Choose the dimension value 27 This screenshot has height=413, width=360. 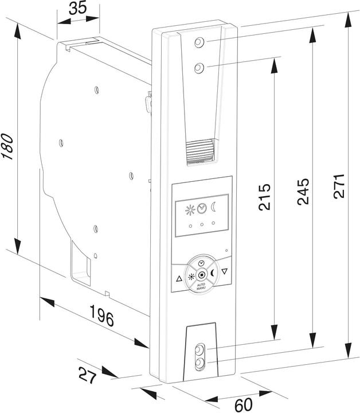pyautogui.click(x=87, y=376)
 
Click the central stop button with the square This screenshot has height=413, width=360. pyautogui.click(x=201, y=274)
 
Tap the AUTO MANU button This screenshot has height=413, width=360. pyautogui.click(x=201, y=285)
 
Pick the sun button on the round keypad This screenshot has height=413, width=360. pyautogui.click(x=191, y=275)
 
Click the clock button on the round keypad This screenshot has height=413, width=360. pyautogui.click(x=201, y=263)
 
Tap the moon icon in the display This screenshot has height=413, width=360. pyautogui.click(x=213, y=207)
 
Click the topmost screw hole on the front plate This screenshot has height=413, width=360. pyautogui.click(x=198, y=43)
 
